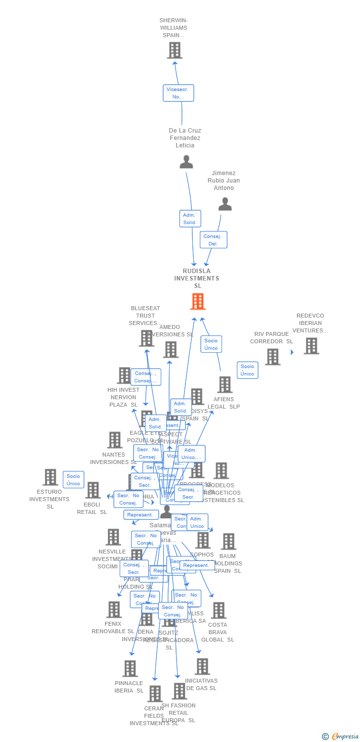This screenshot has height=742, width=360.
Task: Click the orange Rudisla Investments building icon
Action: point(197,301)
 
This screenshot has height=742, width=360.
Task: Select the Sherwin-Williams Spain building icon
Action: point(175,50)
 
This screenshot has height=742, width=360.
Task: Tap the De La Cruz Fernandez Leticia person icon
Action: point(186,162)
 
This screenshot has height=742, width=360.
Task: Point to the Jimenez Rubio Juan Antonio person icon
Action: point(225,204)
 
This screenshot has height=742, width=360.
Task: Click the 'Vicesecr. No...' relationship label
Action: point(178,93)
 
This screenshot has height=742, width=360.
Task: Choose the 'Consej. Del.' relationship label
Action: point(213,240)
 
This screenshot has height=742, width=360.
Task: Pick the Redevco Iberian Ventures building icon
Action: point(311,346)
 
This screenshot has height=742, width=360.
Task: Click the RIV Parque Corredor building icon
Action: point(272,357)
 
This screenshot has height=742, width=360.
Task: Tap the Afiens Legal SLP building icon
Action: point(225,384)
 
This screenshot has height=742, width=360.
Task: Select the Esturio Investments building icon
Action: point(50,477)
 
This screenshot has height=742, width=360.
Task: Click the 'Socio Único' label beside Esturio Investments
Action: point(73,480)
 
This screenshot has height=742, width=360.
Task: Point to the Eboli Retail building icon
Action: point(92,490)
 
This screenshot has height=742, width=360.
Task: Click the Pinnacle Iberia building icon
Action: point(130,668)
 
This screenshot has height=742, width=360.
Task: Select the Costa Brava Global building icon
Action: point(219,610)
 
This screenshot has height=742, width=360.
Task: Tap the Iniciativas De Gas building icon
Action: point(202,666)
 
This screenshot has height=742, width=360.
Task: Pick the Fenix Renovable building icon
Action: point(114,609)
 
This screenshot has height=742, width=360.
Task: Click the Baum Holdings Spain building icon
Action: point(228,542)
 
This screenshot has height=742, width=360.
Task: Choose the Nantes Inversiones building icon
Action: point(114,440)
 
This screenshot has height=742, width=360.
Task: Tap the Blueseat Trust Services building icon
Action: point(146,338)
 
